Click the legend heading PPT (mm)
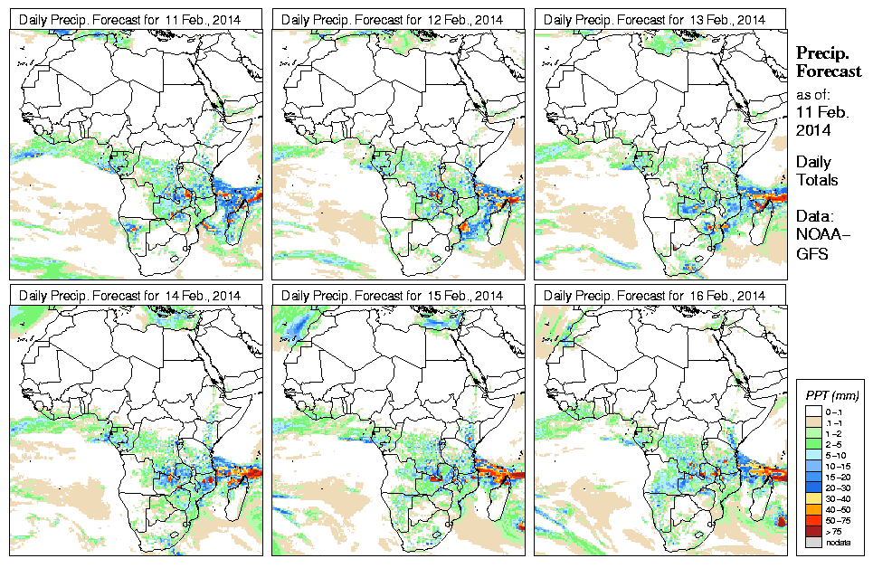(832, 395)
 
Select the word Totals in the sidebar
(817, 180)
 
